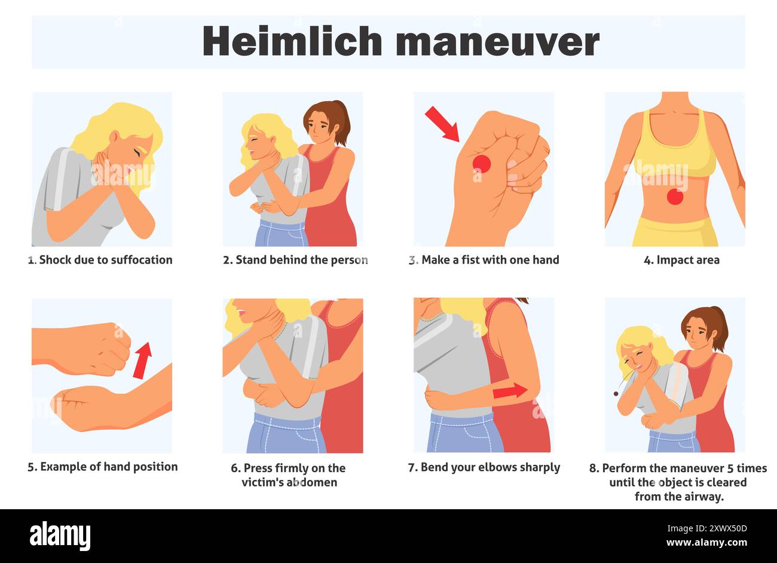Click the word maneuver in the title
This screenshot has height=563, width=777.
click(x=497, y=42)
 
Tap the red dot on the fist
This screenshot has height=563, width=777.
click(x=482, y=163)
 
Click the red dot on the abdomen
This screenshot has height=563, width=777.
click(x=675, y=196)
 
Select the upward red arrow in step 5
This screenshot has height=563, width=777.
click(x=142, y=360)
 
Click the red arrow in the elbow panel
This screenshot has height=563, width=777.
click(x=509, y=391)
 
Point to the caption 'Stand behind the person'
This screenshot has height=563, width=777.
click(x=295, y=260)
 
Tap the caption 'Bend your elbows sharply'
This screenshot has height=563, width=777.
click(x=484, y=467)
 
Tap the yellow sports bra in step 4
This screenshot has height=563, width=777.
click(x=674, y=152)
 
